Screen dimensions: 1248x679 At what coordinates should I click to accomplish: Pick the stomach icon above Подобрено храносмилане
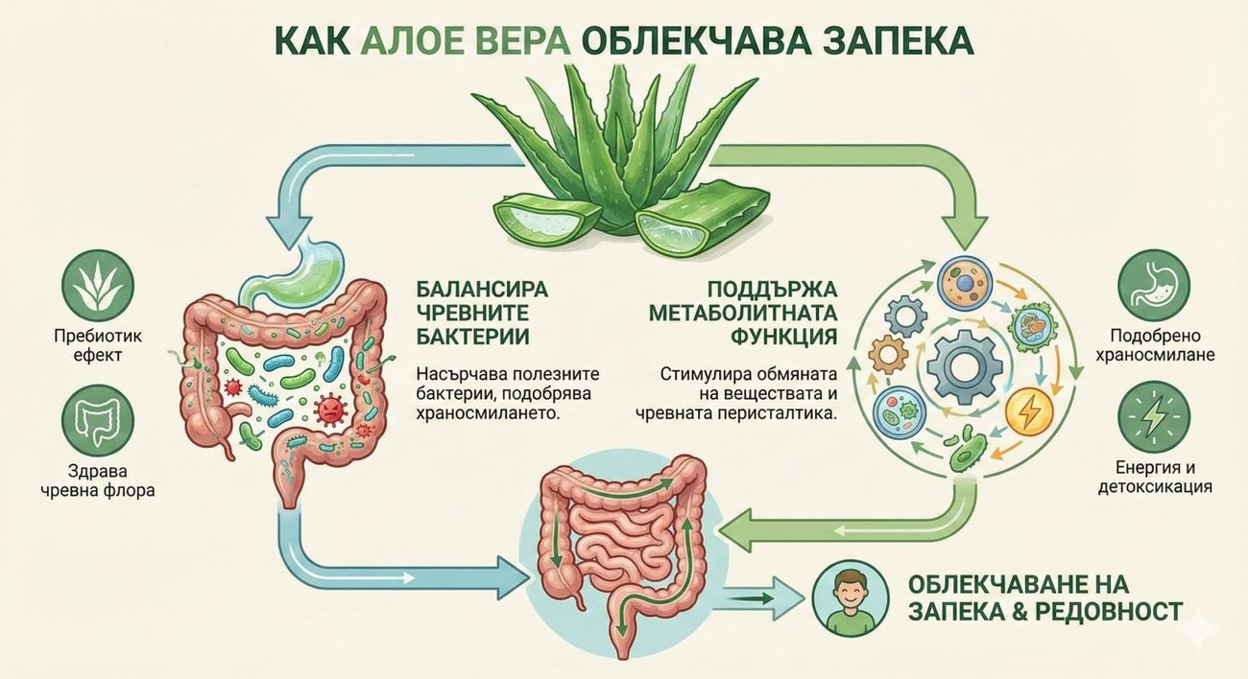pos(1154,286)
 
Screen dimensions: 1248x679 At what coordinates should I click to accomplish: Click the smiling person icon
pos(851,598)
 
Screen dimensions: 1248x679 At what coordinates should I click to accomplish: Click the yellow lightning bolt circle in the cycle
pos(1029,410)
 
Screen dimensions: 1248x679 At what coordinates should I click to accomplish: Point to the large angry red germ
pos(330,410)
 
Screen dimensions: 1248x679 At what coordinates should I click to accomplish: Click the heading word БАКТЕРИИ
pos(472,337)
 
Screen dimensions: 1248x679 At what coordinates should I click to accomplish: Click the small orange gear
pos(888,355)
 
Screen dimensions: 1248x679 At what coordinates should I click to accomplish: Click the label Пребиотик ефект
pos(98,345)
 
